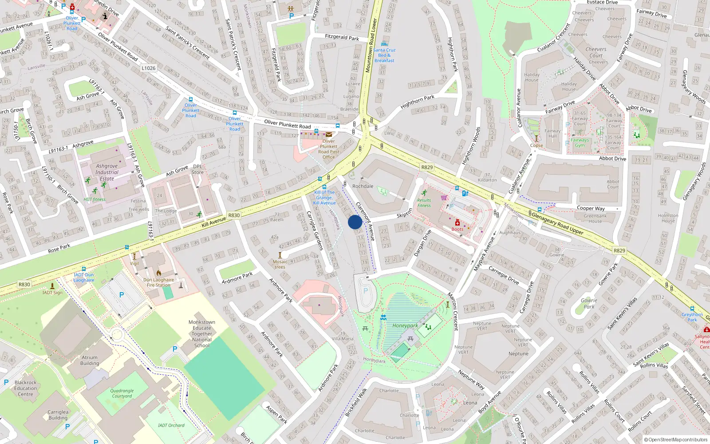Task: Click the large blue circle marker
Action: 355,222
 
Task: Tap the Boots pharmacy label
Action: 457,229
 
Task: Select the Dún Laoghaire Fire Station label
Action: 158,282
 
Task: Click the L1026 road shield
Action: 149,68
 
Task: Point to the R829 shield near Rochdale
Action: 427,167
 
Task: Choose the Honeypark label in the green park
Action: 405,325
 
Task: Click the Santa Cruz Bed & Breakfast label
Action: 384,55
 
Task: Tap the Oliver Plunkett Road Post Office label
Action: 328,149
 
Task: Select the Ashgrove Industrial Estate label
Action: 107,172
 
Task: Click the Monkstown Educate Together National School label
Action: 202,334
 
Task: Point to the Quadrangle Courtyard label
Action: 122,393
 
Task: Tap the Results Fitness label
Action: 424,203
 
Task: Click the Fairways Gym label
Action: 580,143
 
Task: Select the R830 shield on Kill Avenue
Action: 234,215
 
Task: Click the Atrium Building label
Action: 90,360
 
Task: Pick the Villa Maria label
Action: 343,338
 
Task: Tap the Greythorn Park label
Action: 692,317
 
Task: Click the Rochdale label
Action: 363,186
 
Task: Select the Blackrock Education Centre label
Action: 26,388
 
